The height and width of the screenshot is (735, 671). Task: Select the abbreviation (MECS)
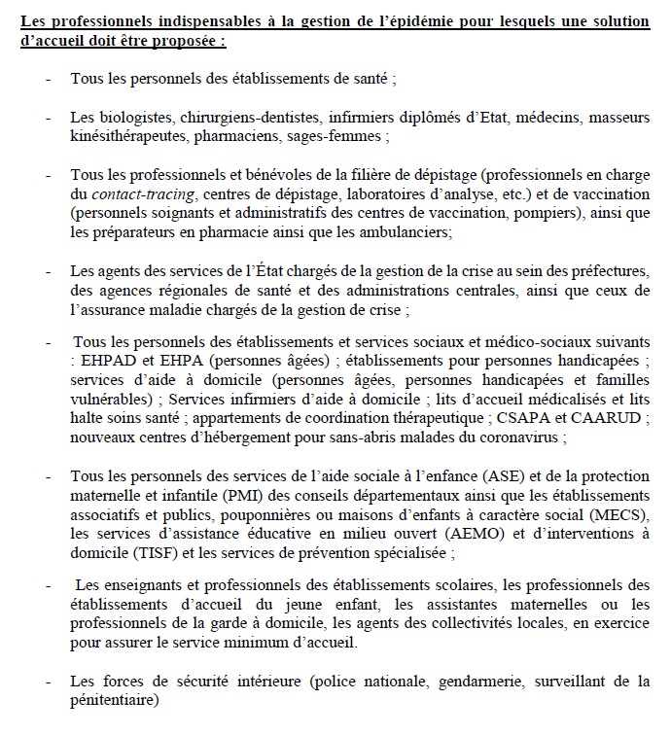[623, 514]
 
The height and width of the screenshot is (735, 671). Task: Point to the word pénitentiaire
[113, 702]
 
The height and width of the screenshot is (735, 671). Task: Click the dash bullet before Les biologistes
[48, 117]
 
